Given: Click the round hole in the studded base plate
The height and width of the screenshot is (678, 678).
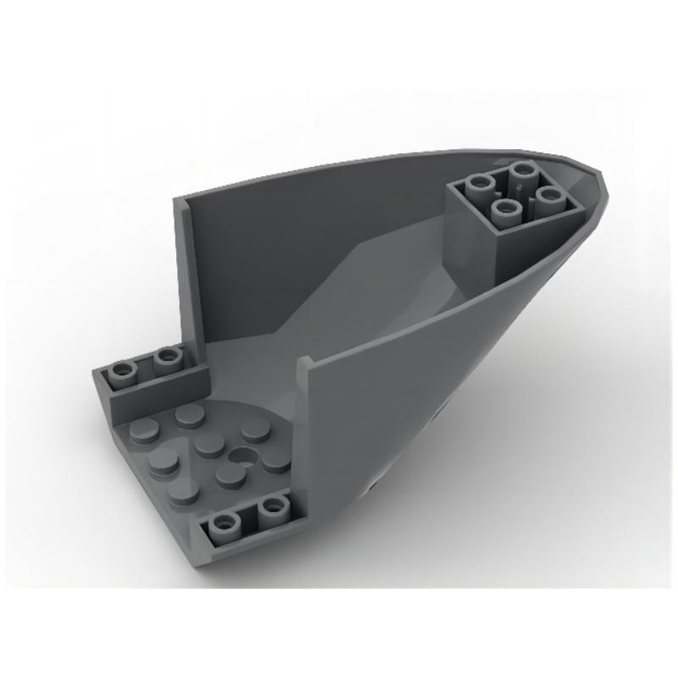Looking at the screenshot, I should click(x=247, y=454).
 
